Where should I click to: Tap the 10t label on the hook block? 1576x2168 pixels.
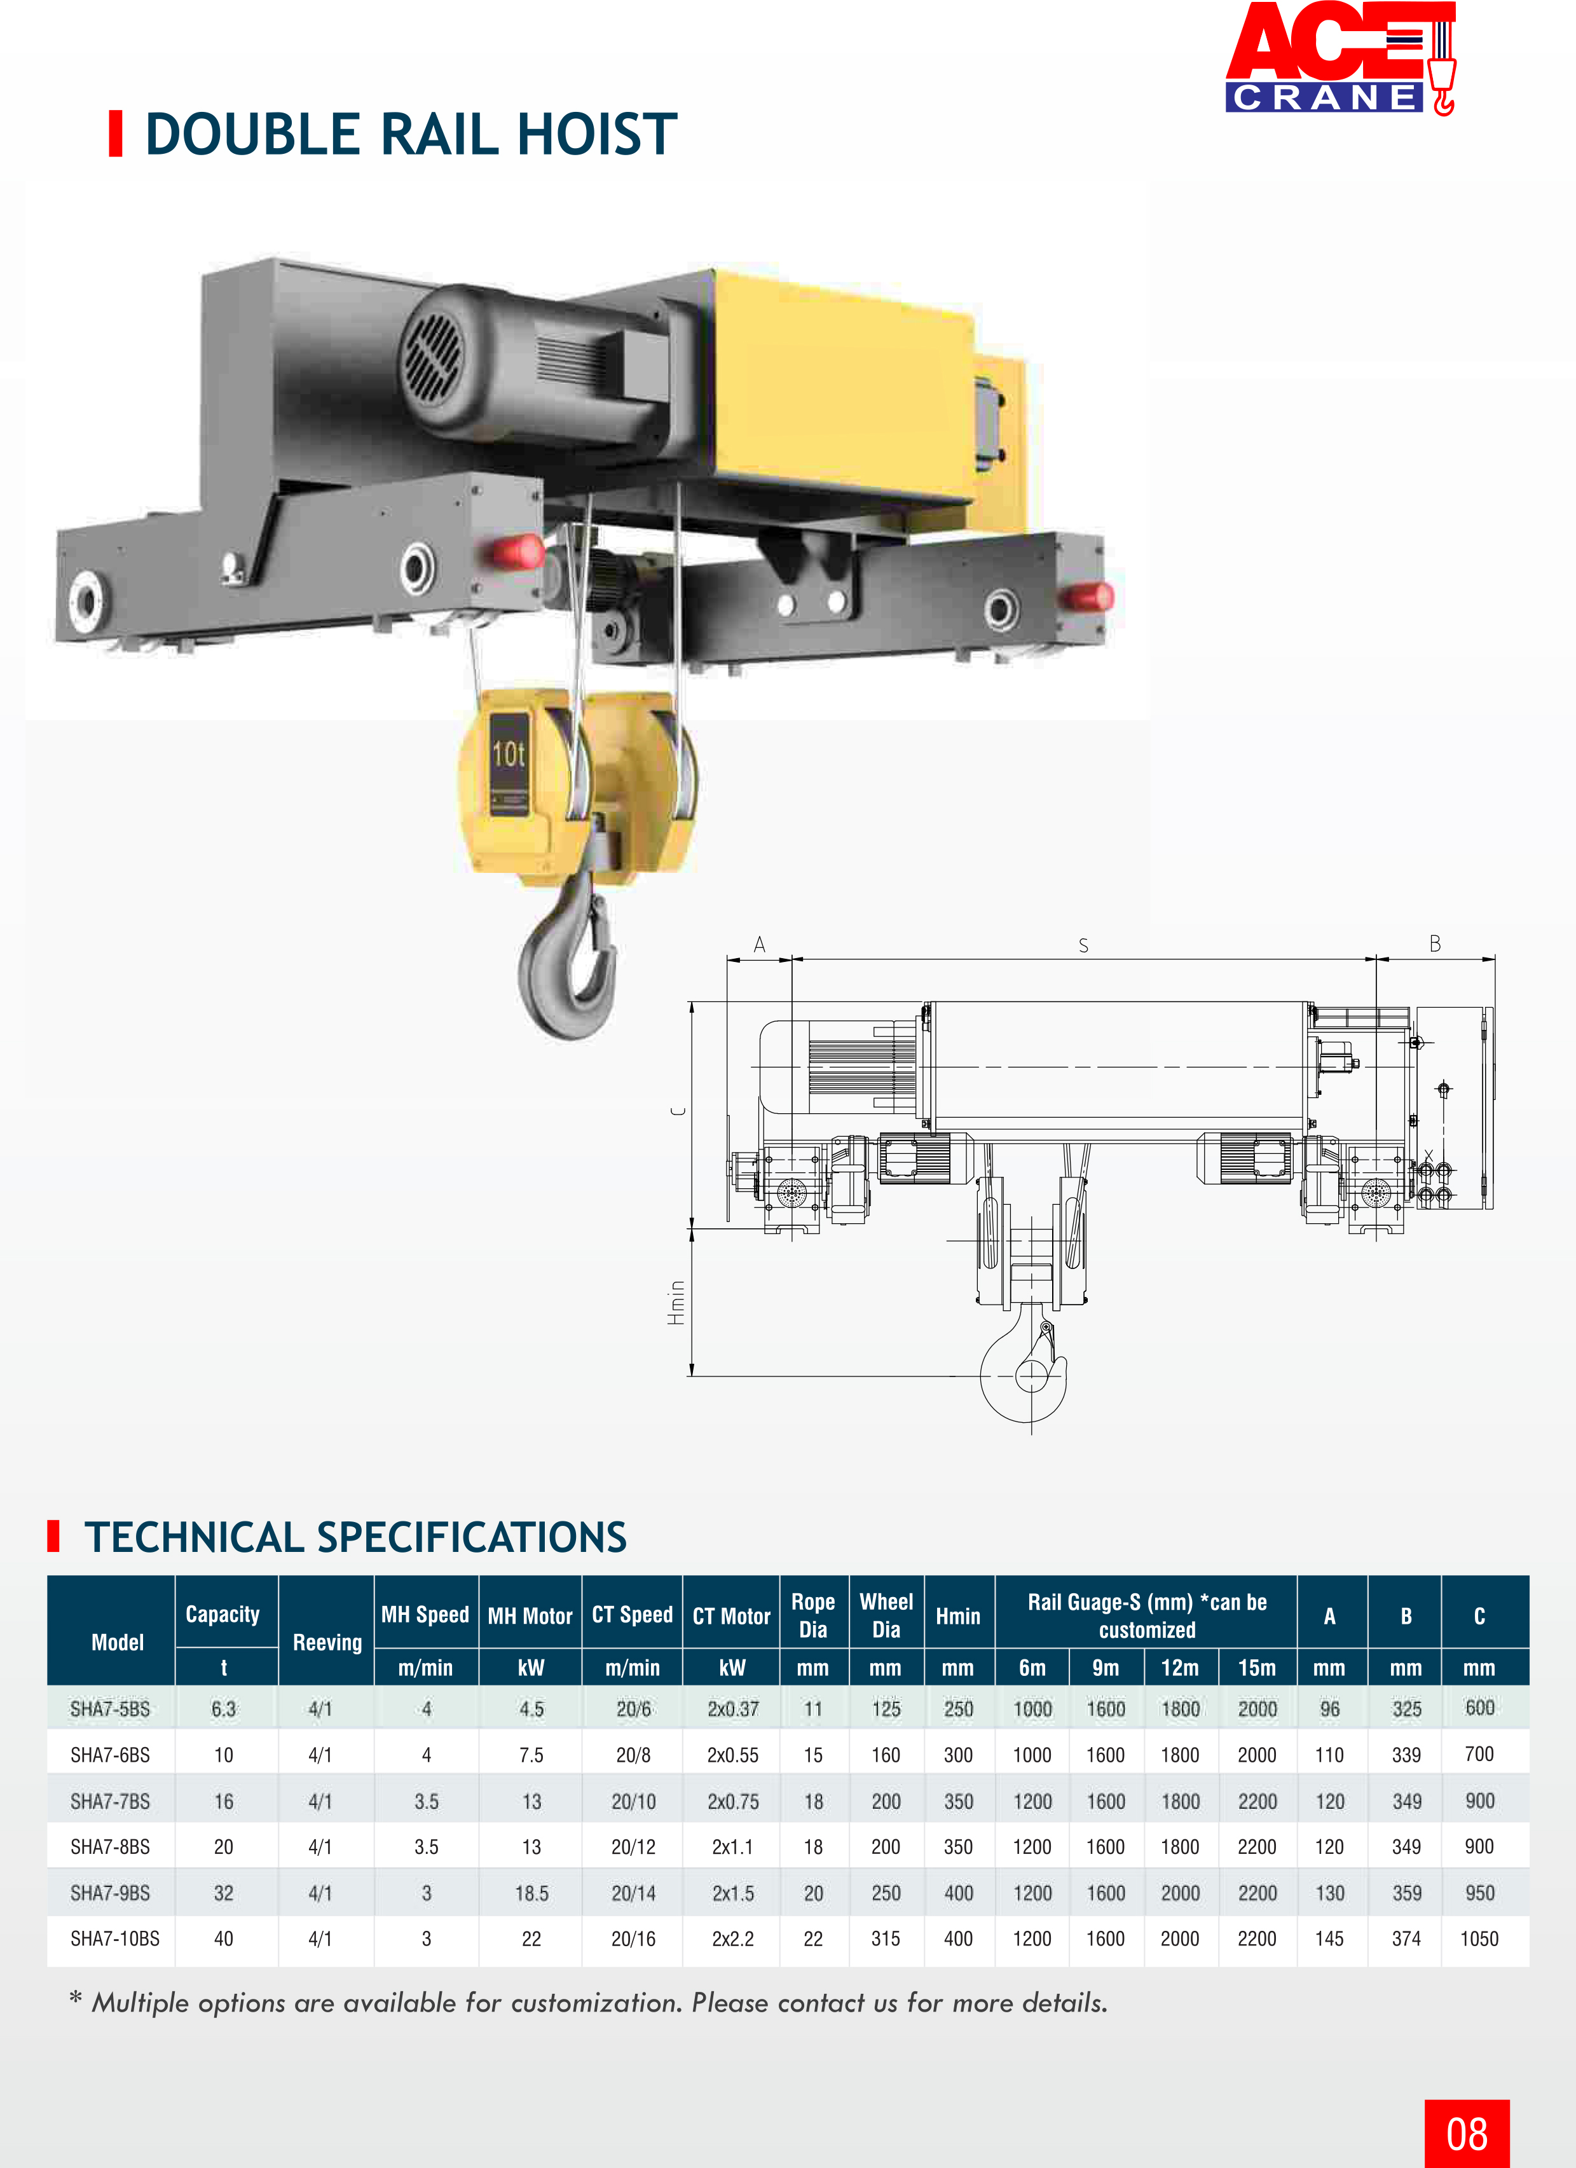pos(509,755)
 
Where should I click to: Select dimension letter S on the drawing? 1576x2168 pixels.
pos(1083,945)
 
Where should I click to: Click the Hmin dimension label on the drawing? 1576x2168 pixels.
pos(676,1302)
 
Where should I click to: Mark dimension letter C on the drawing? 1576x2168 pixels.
pos(678,1111)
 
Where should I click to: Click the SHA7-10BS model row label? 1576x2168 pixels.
pos(114,1938)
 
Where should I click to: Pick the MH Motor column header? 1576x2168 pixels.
pos(530,1616)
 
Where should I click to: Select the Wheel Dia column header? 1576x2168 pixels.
pos(886,1616)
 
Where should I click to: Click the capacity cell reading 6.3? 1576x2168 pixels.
pos(224,1709)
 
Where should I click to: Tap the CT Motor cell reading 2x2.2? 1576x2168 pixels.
pos(732,1938)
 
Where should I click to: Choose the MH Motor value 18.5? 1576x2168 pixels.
pos(531,1893)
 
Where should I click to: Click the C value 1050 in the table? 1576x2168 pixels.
pos(1479,1938)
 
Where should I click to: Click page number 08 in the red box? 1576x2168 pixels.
pos(1466,2134)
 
